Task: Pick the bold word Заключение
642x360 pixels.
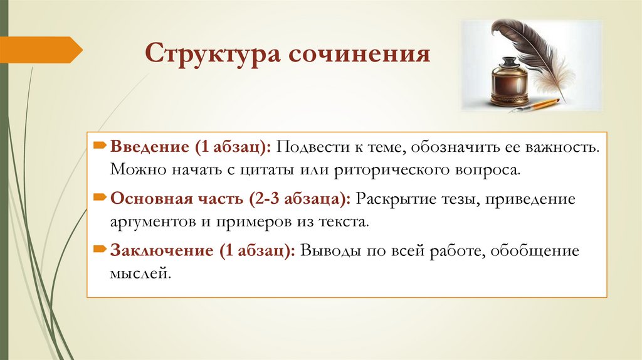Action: tap(160, 251)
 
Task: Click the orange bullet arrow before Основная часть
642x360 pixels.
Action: tap(100, 199)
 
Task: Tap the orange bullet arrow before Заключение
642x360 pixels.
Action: tap(100, 250)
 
